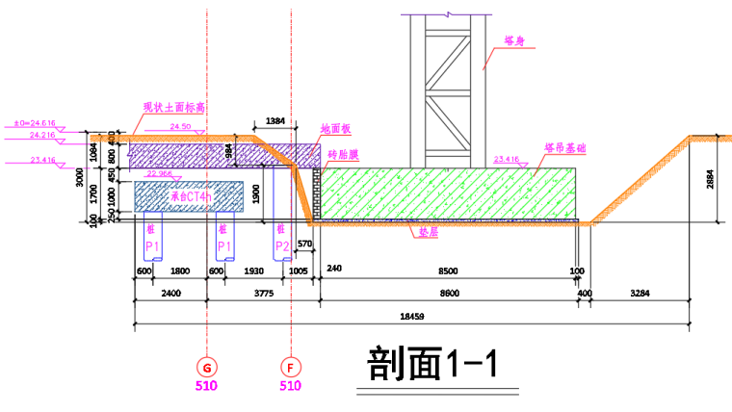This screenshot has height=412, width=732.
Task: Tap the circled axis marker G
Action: [x=207, y=367]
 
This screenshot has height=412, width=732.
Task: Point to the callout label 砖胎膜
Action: [x=343, y=153]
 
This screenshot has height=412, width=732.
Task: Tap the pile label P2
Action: [x=282, y=247]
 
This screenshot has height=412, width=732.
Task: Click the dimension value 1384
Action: [x=274, y=122]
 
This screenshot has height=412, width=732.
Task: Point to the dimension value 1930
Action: [x=253, y=271]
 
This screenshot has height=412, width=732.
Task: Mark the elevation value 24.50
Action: [x=180, y=127]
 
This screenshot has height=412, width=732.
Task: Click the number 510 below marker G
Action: [x=207, y=386]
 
